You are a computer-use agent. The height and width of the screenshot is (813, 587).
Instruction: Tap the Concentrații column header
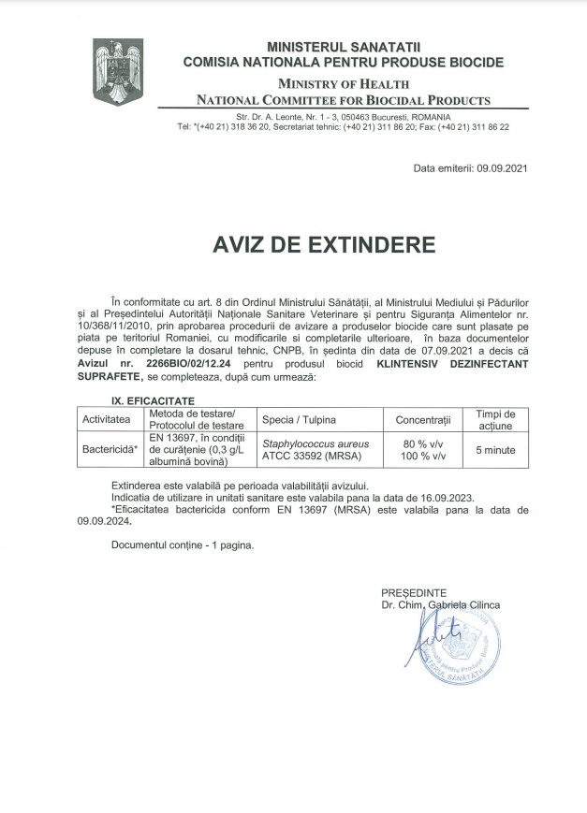[423, 419]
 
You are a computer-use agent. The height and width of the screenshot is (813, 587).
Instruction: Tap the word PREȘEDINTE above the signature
[413, 593]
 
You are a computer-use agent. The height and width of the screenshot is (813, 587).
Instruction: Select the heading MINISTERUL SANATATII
[345, 46]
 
